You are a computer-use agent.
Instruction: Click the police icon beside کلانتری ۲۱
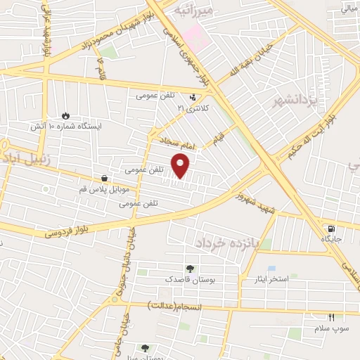click(193, 98)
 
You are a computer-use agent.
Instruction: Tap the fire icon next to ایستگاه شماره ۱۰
click(66, 115)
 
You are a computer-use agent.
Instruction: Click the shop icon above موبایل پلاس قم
click(105, 179)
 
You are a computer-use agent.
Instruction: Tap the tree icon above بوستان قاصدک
click(189, 268)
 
